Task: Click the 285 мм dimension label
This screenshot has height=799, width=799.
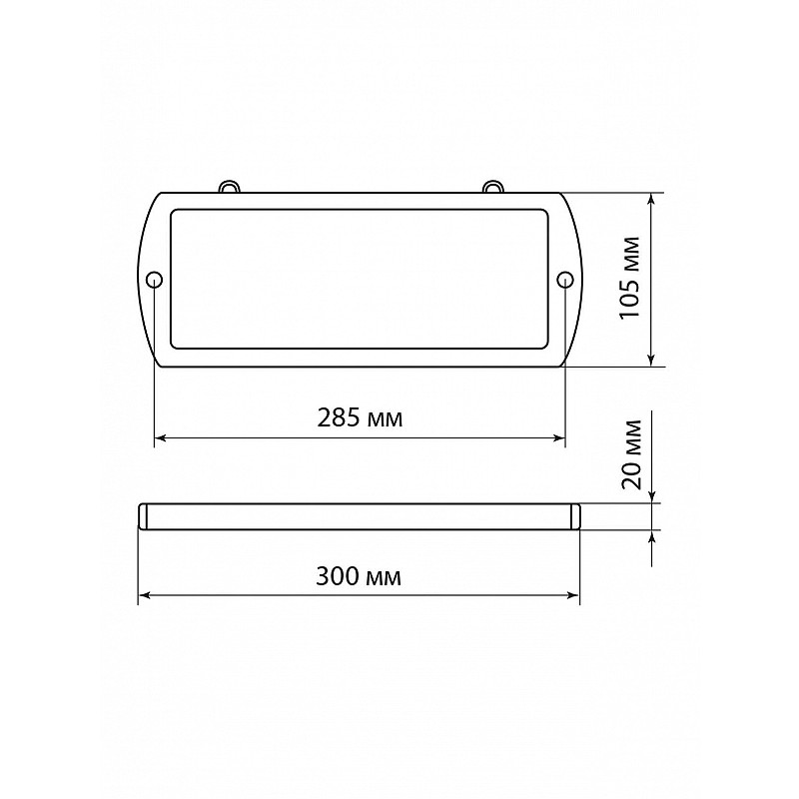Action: (x=360, y=418)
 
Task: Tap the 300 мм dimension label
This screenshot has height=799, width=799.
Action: (x=359, y=577)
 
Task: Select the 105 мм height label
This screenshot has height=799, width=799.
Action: (x=630, y=278)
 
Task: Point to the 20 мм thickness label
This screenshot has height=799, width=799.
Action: (x=632, y=454)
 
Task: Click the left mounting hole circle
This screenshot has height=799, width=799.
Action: (x=154, y=280)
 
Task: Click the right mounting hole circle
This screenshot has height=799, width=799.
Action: (x=565, y=280)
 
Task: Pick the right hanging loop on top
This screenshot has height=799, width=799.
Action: (x=491, y=186)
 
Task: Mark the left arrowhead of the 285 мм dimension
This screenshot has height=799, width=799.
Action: (x=160, y=437)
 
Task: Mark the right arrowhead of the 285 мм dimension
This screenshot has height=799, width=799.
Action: (x=559, y=437)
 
